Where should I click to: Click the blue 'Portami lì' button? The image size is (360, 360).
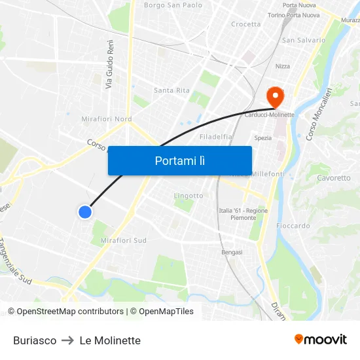179,160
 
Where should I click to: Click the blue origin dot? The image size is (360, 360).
85,211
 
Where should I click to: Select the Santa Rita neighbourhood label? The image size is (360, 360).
171,90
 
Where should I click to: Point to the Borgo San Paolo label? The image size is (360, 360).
173,5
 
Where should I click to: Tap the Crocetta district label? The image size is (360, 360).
245,24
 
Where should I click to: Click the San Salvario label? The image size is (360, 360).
303,40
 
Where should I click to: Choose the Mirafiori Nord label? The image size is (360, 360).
106,119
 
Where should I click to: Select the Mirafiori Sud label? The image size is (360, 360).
123,240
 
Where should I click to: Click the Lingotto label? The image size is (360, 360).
189,196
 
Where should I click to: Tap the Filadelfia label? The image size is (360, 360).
216,137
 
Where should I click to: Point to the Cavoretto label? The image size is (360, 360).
333,178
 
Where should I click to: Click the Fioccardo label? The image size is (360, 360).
293,226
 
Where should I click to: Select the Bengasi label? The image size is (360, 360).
232,252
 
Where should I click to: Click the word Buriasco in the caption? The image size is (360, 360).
35,340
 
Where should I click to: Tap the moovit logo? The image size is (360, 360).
321,339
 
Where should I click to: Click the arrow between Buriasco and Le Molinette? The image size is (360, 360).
68,340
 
